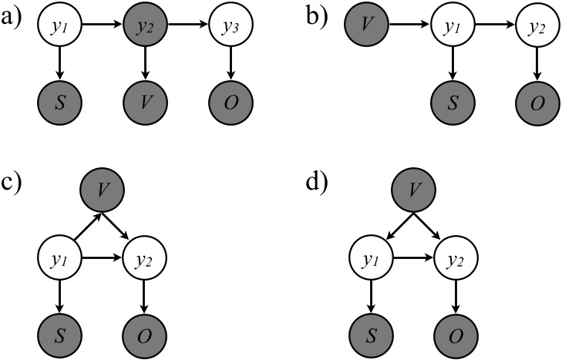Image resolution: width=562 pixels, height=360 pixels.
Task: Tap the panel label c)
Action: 12,188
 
